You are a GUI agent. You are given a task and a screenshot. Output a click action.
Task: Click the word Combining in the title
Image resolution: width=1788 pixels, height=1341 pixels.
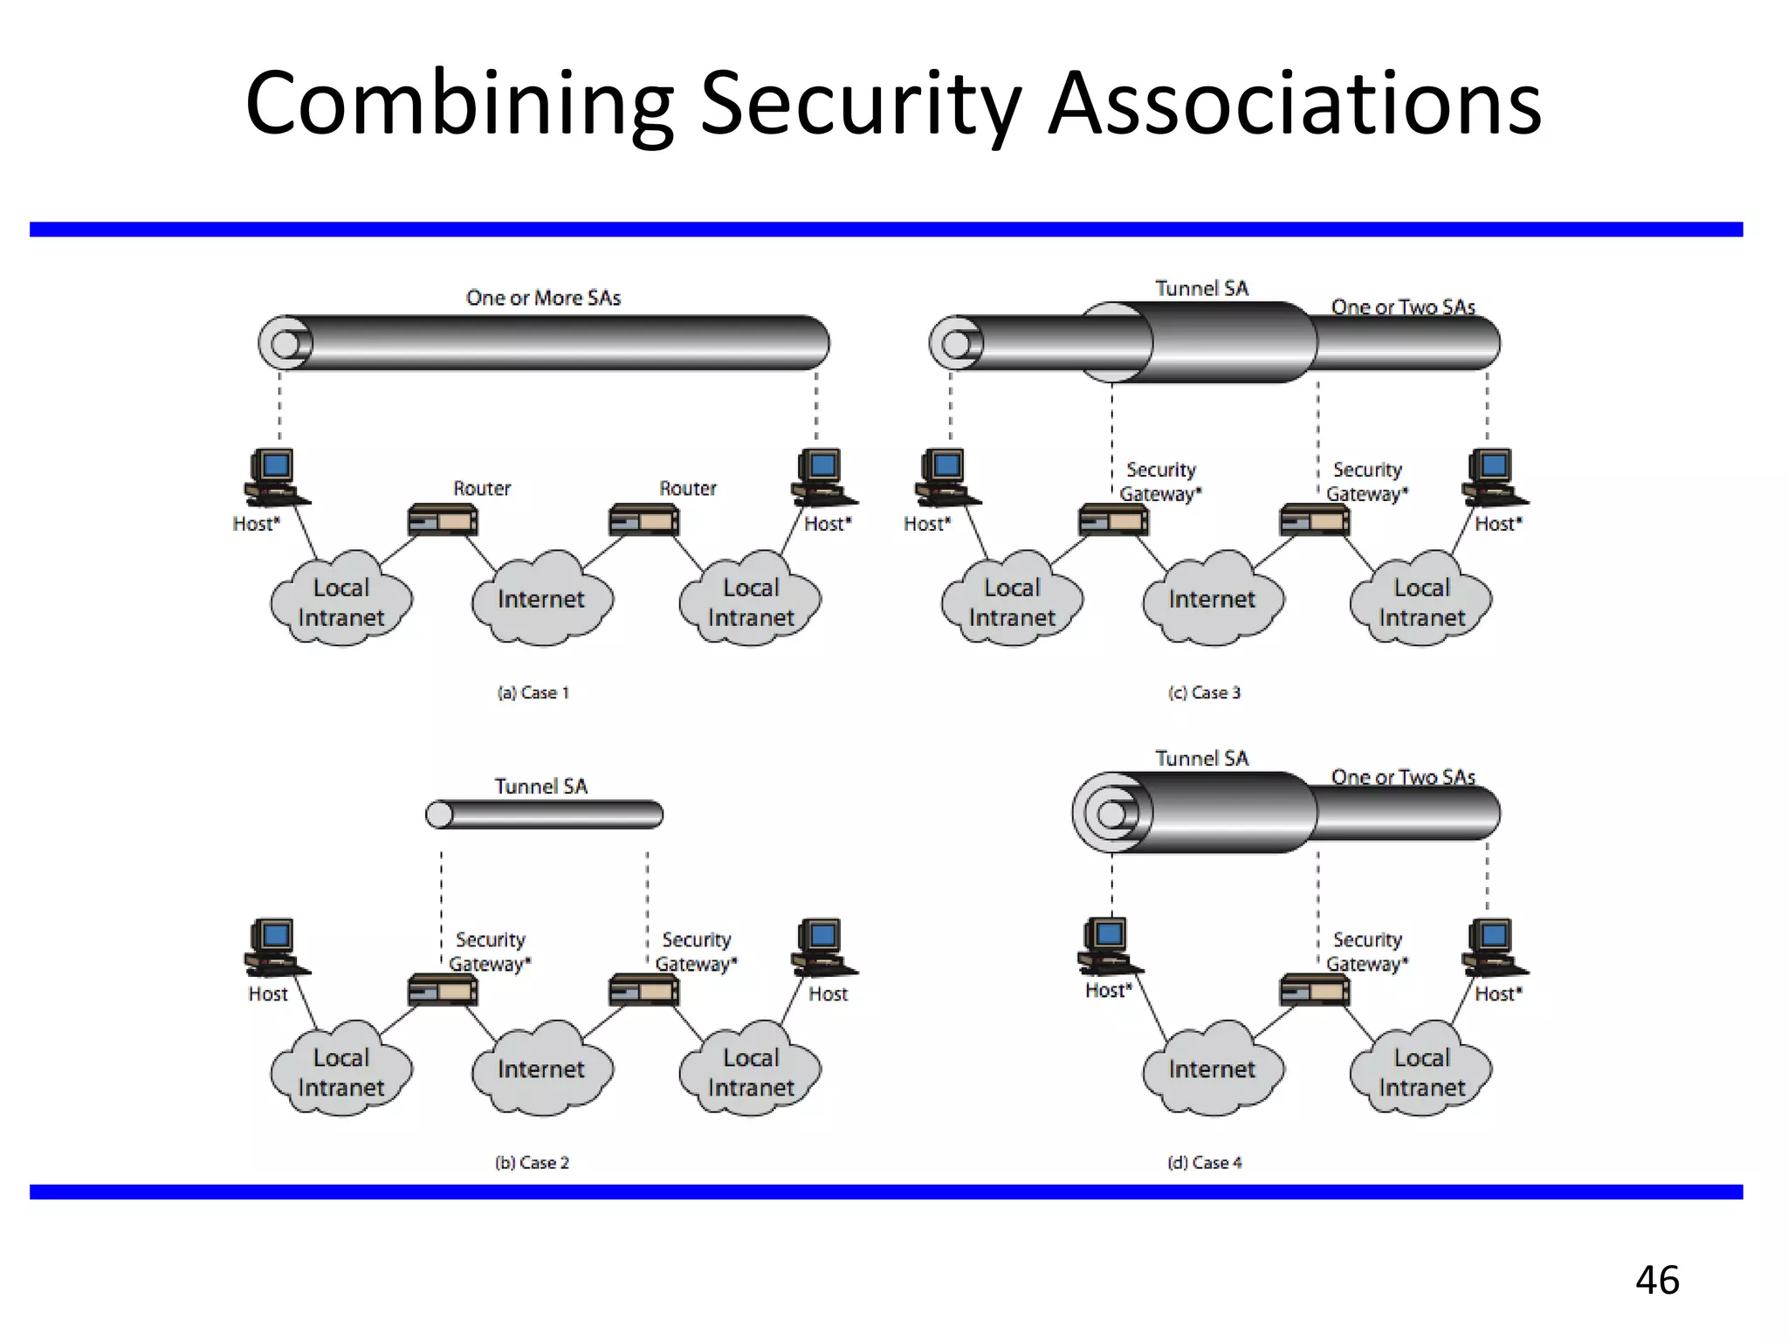[458, 105]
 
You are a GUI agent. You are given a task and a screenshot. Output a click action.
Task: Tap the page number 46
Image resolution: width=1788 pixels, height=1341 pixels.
[1656, 1280]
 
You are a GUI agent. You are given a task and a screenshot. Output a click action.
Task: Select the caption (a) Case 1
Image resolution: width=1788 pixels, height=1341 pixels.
[533, 693]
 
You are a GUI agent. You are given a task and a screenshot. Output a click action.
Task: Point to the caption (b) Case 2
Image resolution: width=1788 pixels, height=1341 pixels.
[532, 1163]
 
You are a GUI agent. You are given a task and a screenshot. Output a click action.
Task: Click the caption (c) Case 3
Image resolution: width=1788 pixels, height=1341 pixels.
[1204, 693]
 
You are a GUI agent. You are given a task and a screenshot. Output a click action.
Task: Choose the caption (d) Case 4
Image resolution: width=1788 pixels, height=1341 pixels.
[1204, 1163]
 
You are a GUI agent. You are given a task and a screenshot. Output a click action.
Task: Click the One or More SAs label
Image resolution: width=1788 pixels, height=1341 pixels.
[543, 299]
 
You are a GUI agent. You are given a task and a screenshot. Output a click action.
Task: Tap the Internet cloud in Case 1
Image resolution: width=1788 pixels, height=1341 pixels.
[541, 600]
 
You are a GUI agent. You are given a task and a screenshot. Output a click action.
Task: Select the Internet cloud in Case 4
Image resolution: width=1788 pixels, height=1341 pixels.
[1212, 1069]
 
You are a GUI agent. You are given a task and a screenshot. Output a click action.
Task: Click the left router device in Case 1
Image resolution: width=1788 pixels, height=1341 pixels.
[443, 521]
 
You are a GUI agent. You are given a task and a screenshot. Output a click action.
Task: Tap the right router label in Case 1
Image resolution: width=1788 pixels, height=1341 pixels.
[687, 489]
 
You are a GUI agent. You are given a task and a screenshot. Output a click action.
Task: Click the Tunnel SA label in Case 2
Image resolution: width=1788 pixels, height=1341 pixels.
[541, 787]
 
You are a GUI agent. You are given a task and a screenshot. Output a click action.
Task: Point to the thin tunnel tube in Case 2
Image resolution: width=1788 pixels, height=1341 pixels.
[545, 815]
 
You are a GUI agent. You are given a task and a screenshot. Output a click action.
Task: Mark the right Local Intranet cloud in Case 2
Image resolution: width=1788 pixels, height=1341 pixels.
[751, 1072]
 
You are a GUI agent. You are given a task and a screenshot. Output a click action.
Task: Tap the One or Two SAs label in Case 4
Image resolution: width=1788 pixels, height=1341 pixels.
[1402, 777]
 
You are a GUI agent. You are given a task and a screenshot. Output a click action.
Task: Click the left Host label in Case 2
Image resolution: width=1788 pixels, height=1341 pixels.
[267, 994]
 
